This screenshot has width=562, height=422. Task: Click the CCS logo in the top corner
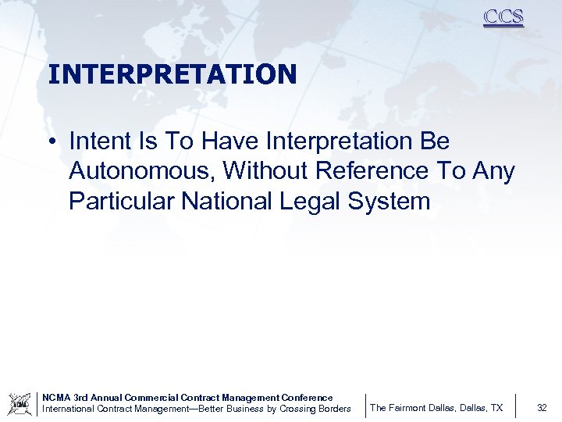click(503, 17)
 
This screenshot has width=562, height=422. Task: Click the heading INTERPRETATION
click(172, 74)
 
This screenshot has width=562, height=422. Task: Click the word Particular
click(122, 201)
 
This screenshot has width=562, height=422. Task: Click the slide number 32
click(542, 408)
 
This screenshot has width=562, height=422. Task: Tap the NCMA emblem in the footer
click(20, 403)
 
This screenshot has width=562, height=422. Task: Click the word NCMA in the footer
click(55, 398)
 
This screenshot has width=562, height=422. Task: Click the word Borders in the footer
click(332, 409)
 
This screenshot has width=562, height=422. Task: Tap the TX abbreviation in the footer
click(496, 408)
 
